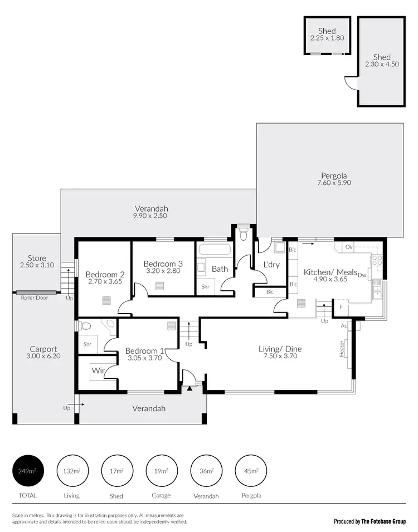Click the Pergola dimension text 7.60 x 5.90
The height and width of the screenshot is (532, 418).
click(x=334, y=183)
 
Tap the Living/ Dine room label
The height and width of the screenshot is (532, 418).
click(x=280, y=349)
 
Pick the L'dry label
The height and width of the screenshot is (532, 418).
click(x=271, y=265)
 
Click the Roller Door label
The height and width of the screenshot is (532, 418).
click(x=35, y=298)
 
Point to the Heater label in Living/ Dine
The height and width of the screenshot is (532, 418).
click(x=342, y=349)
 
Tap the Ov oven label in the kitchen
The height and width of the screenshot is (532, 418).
click(x=349, y=246)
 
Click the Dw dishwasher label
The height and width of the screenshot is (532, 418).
click(x=362, y=275)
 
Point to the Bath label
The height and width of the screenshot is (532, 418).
click(x=220, y=269)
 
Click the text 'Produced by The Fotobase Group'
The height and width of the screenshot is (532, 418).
click(x=370, y=521)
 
